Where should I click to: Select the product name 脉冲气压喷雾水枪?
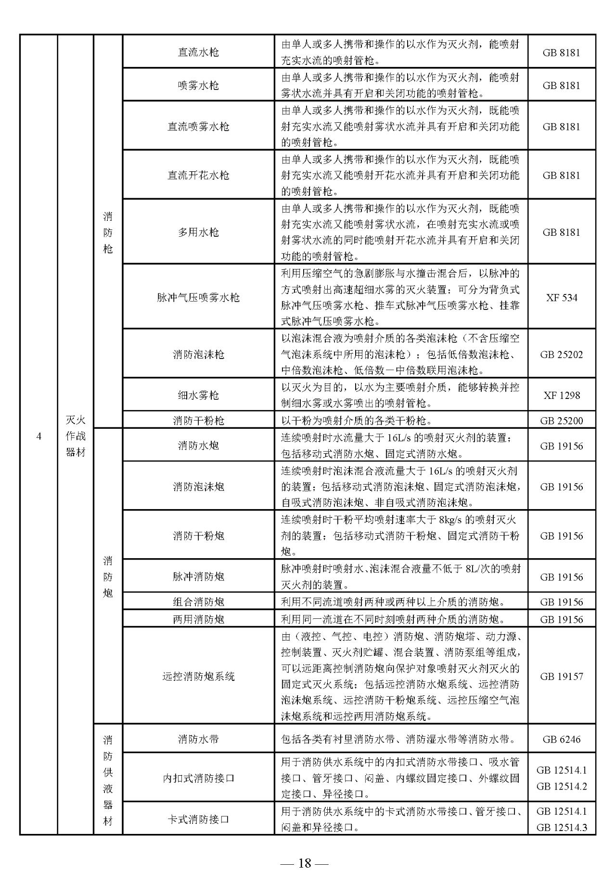[198, 297]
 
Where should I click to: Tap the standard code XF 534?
[562, 297]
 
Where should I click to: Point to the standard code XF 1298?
[562, 396]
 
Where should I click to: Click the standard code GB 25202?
[562, 355]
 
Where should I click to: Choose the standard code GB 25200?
[562, 421]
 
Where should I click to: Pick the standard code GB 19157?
[562, 676]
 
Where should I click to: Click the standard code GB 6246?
[562, 739]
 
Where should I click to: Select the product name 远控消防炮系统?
[198, 676]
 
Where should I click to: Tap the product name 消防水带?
[198, 739]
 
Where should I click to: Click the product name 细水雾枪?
[198, 396]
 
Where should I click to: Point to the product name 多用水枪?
[198, 232]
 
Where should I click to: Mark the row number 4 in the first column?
[38, 436]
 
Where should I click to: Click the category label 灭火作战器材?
[76, 436]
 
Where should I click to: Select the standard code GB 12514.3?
[562, 828]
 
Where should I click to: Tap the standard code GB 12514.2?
[562, 786]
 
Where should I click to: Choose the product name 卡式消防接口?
[198, 819]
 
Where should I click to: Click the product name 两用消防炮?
[198, 619]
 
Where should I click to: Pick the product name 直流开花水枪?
[198, 175]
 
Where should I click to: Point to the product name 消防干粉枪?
[198, 421]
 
